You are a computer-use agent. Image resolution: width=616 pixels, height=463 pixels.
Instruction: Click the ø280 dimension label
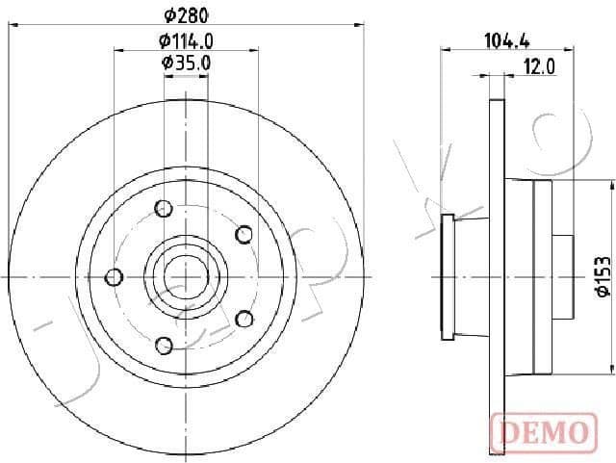[x=186, y=14]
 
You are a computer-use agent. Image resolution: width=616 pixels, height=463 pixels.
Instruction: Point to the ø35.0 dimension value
[x=186, y=63]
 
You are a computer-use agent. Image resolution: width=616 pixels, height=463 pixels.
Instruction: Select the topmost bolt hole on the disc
[x=164, y=207]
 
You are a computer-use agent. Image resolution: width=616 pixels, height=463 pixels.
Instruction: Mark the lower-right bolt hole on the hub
[x=244, y=319]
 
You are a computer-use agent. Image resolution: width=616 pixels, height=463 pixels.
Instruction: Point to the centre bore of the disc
[x=187, y=276]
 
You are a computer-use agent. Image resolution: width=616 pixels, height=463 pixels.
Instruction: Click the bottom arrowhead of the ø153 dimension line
[x=609, y=368]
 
